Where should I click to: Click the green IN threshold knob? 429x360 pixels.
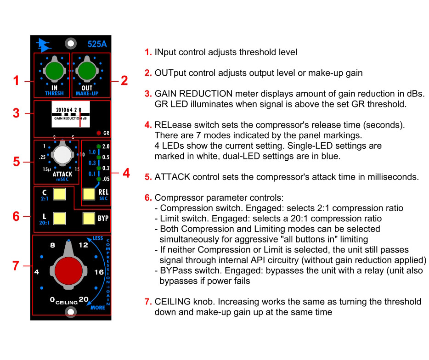tap(54, 71)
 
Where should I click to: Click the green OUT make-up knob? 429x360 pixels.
tap(87, 71)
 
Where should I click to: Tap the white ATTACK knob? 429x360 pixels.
tap(62, 154)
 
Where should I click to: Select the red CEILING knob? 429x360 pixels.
tap(68, 270)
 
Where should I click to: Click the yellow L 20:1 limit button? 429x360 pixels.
tap(59, 219)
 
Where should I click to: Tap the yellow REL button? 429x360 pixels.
tap(89, 194)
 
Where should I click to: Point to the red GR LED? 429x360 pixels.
tap(98, 133)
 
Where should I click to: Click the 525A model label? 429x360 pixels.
tap(97, 44)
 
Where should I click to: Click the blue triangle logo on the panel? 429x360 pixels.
tap(43, 45)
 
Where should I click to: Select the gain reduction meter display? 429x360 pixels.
tap(71, 114)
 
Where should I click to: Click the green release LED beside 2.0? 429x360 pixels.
tap(98, 146)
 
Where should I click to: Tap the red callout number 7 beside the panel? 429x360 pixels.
tap(16, 265)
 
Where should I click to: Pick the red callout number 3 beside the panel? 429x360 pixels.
tap(16, 113)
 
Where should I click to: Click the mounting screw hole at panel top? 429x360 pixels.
tap(71, 43)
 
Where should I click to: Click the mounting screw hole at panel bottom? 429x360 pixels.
tap(71, 312)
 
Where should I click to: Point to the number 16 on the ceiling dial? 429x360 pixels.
tap(99, 272)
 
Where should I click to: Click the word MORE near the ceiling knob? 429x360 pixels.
tap(98, 308)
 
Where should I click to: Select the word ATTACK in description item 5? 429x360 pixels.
tap(172, 177)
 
